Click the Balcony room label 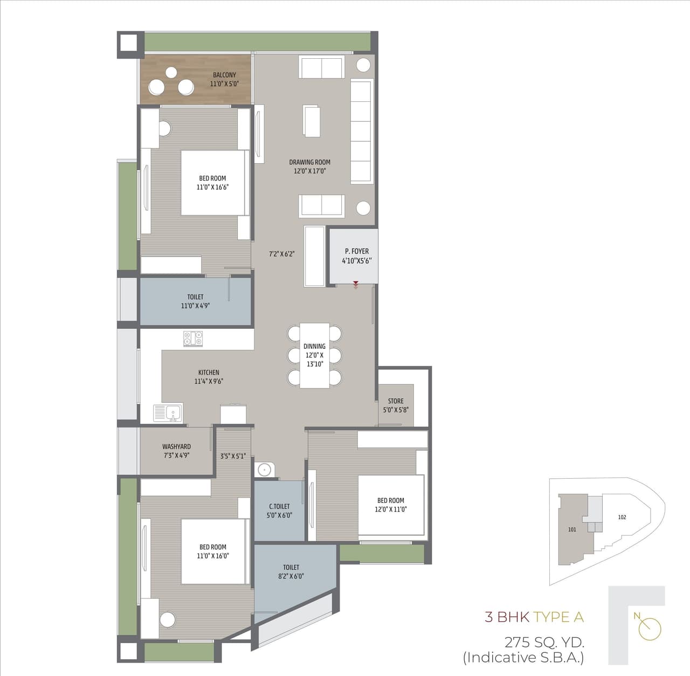coord(224,79)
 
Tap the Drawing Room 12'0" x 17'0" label coord(309,167)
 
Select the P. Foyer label coord(357,256)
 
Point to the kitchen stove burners coord(193,338)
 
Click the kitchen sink coord(168,413)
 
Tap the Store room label coord(396,405)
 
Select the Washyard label coord(176,451)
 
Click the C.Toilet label coord(279,511)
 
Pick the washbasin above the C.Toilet coord(264,470)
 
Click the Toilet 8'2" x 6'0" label coord(291,571)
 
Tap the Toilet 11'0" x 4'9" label coord(195,301)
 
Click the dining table coord(314,355)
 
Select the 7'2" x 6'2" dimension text coord(282,254)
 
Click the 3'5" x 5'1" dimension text coord(233,456)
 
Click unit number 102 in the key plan coord(622,517)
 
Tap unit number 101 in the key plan coord(572,529)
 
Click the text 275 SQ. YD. coord(544,642)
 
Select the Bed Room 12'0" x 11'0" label coord(391,505)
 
